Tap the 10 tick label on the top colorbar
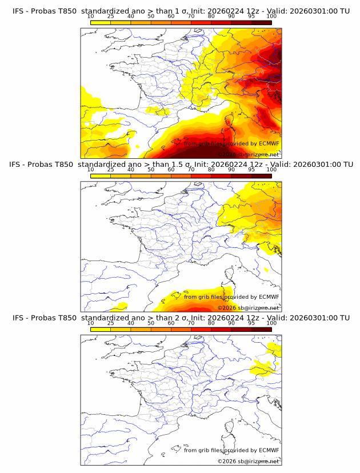[90, 15]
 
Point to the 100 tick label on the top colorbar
[271, 15]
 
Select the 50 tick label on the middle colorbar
[151, 170]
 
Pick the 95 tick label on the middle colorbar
[251, 170]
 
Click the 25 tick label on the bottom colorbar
[110, 323]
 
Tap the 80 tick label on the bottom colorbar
[211, 323]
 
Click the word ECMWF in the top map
[269, 143]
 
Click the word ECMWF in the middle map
[269, 296]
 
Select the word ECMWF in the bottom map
[269, 450]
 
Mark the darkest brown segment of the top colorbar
[261, 22]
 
